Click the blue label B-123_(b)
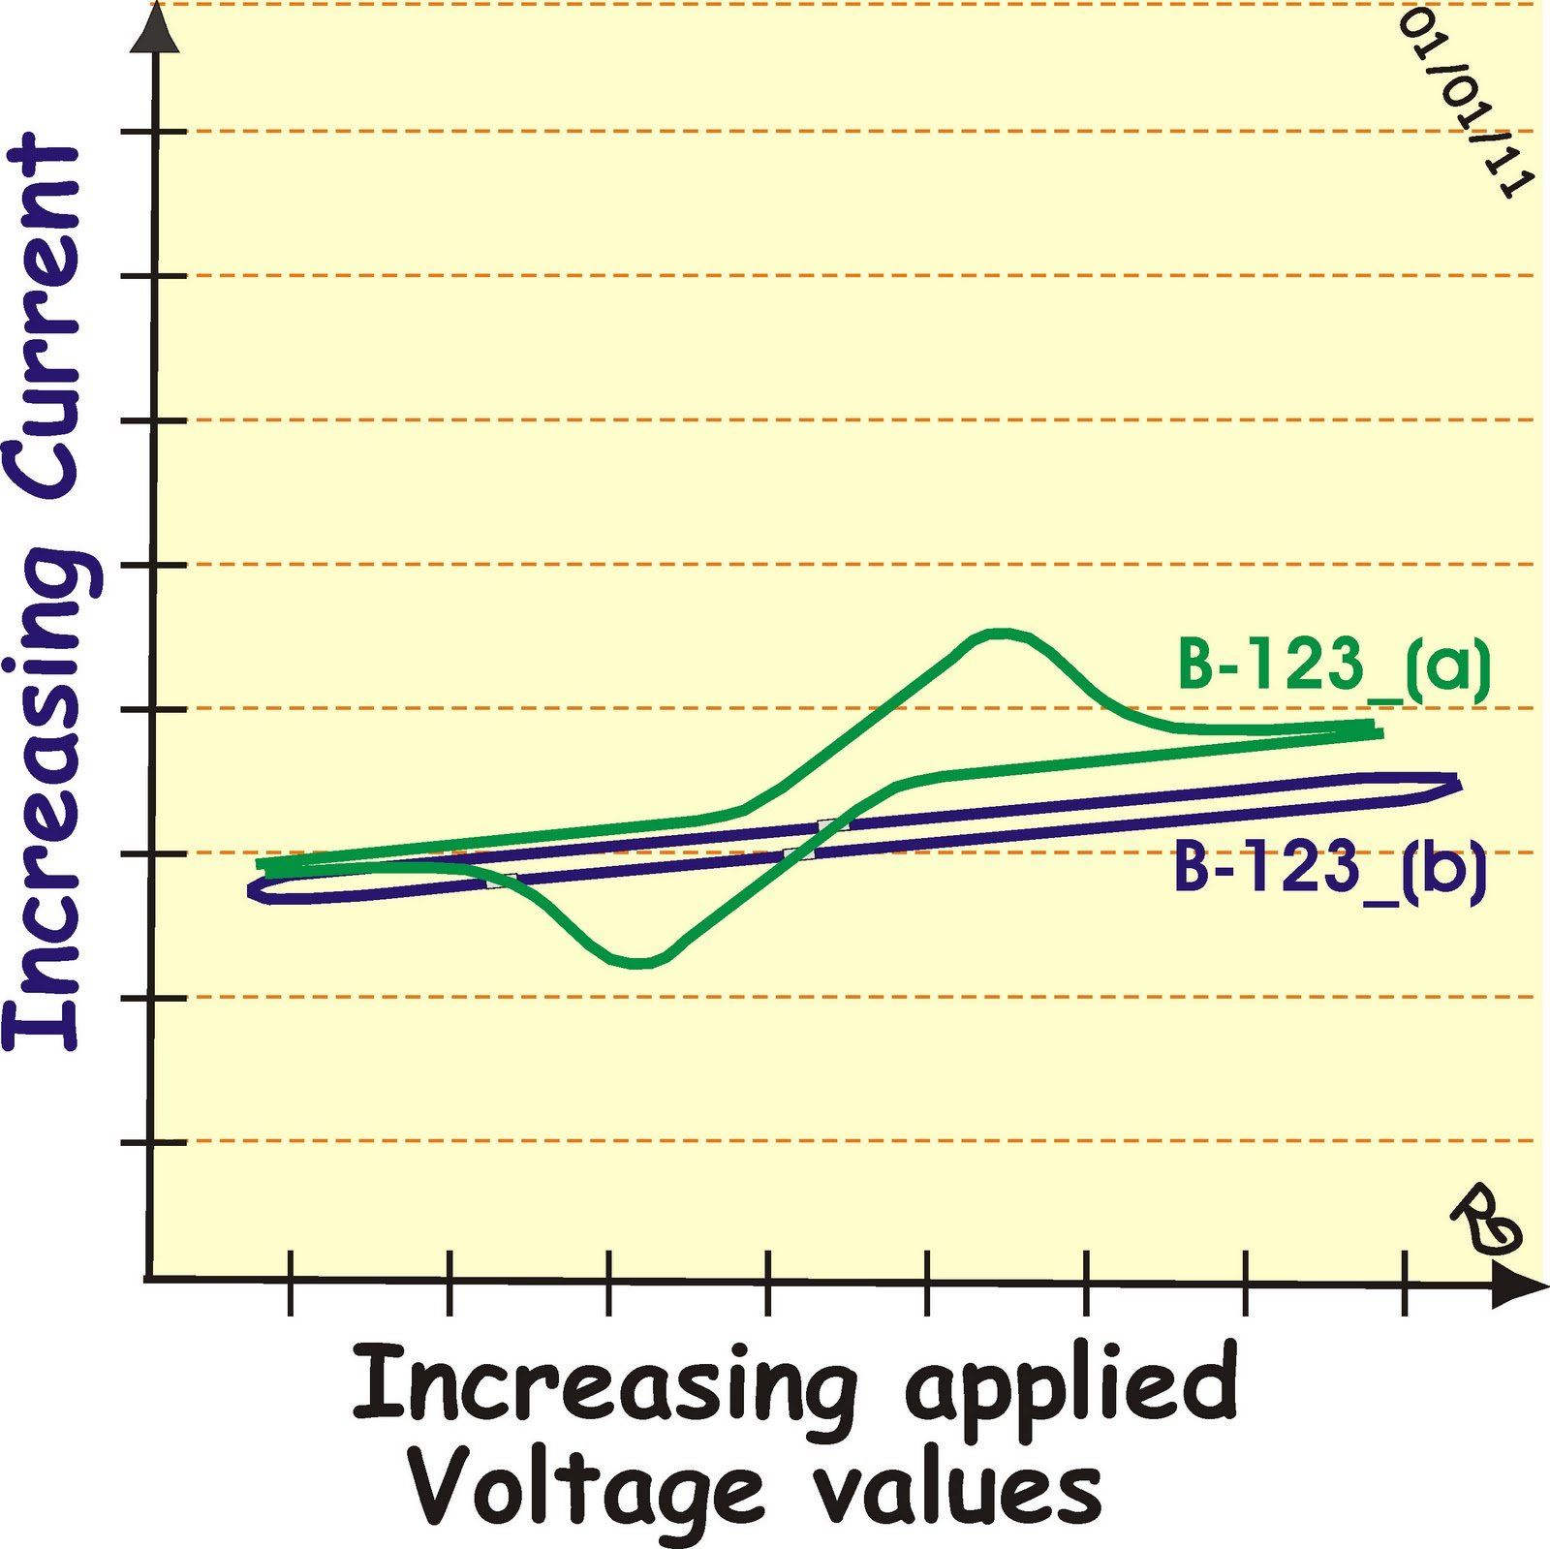[x=1329, y=868]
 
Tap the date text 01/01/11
[x=1464, y=102]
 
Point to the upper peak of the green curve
[x=1001, y=633]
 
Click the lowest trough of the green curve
[x=636, y=963]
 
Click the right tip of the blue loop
[x=1457, y=783]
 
